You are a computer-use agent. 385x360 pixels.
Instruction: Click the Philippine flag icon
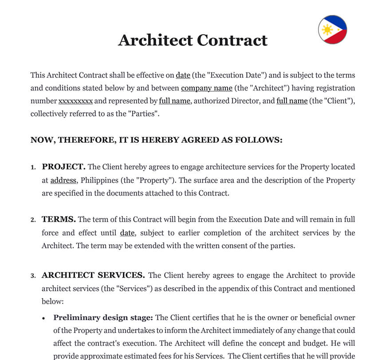pyautogui.click(x=332, y=30)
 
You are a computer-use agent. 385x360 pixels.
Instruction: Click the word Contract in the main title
pyautogui.click(x=232, y=40)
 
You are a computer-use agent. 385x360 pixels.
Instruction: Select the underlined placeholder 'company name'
pyautogui.click(x=207, y=88)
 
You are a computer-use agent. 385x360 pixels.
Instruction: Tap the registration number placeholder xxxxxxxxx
pyautogui.click(x=76, y=101)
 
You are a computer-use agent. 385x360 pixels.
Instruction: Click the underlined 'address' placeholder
pyautogui.click(x=63, y=180)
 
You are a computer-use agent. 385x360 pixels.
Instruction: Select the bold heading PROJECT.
pyautogui.click(x=63, y=167)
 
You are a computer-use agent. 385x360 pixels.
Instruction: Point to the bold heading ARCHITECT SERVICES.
pyautogui.click(x=94, y=275)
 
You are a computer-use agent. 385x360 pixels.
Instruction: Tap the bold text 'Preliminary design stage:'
pyautogui.click(x=103, y=317)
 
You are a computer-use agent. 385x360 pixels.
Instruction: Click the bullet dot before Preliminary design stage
pyautogui.click(x=43, y=318)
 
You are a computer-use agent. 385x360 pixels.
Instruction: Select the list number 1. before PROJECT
pyautogui.click(x=33, y=168)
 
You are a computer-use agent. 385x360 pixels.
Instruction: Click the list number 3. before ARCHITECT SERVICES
pyautogui.click(x=33, y=276)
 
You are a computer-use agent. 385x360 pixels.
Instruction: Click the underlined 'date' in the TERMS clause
pyautogui.click(x=127, y=233)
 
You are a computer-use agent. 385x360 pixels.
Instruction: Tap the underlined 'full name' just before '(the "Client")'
pyautogui.click(x=292, y=101)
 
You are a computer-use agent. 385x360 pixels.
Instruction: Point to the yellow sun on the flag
pyautogui.click(x=327, y=30)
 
